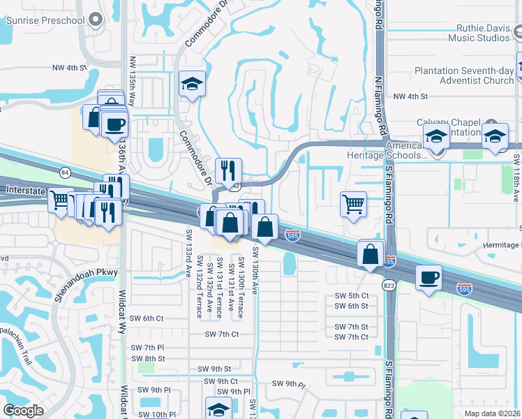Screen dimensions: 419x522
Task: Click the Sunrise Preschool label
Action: pos(45,20)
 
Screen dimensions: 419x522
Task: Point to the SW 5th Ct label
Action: pos(351,297)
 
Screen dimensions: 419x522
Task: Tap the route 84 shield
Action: pos(65,172)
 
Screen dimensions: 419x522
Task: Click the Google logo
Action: pos(23,411)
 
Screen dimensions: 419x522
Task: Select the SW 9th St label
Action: pos(214,369)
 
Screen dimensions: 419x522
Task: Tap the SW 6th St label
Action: pos(351,306)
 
